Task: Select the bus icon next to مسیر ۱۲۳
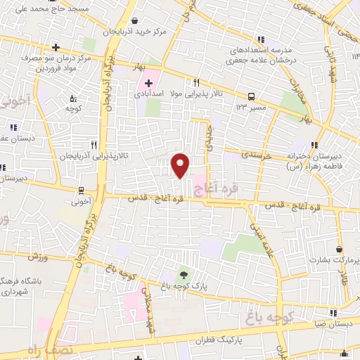[x=251, y=96]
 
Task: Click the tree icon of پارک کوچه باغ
[x=184, y=275]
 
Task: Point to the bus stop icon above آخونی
[x=82, y=190]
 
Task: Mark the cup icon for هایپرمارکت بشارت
[x=340, y=249]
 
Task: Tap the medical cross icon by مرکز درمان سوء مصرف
[x=56, y=47]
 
